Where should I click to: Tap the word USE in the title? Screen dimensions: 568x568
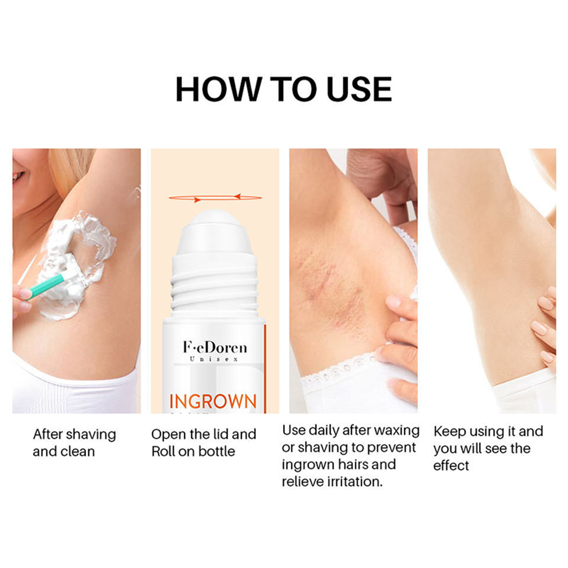click(x=359, y=89)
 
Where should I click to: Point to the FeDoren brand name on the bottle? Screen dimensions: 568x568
click(x=215, y=347)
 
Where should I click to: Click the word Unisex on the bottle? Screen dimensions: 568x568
click(x=214, y=359)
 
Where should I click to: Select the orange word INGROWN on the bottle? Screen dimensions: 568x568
click(x=213, y=401)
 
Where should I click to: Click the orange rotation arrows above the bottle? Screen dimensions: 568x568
click(x=215, y=198)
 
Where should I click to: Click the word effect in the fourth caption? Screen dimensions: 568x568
click(x=451, y=465)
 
